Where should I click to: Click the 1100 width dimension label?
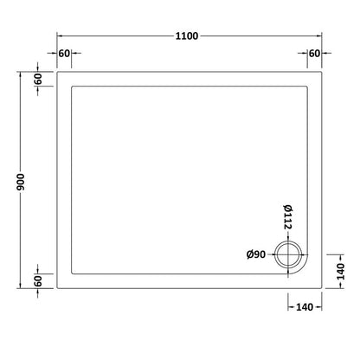click(x=186, y=35)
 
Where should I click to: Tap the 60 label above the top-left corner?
click(x=63, y=54)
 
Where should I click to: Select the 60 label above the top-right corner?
click(x=314, y=54)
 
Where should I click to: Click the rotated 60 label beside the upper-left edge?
click(x=39, y=78)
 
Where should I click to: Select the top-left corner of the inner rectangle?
click(x=71, y=86)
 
